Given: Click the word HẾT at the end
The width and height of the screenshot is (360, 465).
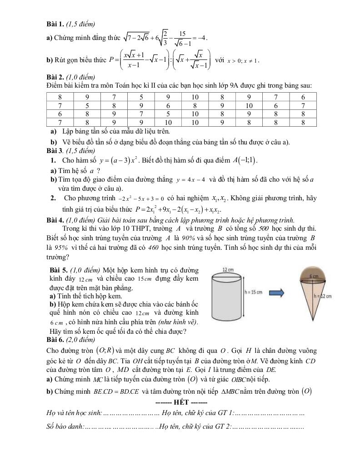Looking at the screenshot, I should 181,403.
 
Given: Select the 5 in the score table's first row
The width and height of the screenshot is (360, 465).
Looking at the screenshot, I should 141,97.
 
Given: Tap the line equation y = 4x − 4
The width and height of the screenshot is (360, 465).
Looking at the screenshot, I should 191,180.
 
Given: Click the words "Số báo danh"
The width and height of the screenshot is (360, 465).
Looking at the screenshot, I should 64,427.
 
